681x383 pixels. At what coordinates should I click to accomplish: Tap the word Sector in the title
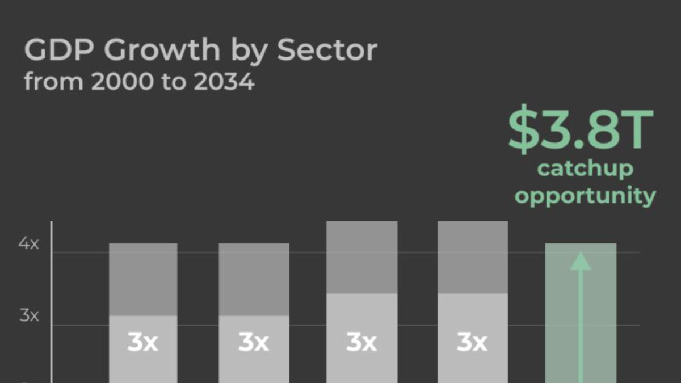click(327, 50)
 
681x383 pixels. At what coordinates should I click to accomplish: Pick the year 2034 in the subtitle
click(224, 82)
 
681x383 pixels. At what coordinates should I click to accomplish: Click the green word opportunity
click(585, 196)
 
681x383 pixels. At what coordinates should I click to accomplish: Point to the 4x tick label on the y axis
click(29, 244)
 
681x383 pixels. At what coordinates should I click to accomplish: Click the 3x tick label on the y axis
click(29, 315)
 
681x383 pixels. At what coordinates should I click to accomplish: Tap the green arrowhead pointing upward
click(581, 262)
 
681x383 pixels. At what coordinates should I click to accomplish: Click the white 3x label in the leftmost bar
click(142, 342)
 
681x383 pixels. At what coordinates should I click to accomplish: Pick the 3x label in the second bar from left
click(253, 342)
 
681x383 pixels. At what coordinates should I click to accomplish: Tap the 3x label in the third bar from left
click(361, 342)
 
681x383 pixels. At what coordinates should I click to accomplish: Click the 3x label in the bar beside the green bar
click(472, 342)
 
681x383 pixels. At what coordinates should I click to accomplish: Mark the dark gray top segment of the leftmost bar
click(143, 279)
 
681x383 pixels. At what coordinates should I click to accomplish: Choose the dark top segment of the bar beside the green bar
click(473, 257)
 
